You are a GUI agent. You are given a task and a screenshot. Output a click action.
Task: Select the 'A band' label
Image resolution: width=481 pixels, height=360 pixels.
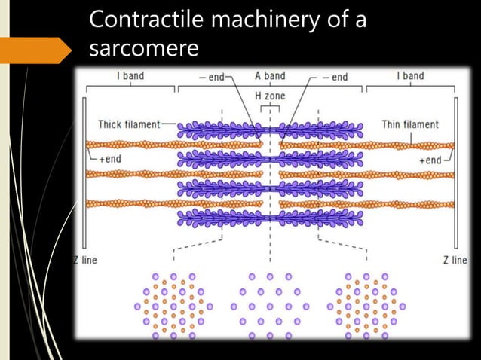click(x=270, y=76)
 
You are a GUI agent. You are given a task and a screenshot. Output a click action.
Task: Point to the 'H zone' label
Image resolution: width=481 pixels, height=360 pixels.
click(x=270, y=96)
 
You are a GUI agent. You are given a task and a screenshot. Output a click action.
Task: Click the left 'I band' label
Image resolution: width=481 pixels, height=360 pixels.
click(x=130, y=76)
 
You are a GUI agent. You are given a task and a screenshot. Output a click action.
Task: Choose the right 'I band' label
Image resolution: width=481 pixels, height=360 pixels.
click(x=410, y=76)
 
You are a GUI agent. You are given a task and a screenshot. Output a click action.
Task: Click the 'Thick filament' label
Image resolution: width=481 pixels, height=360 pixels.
click(x=129, y=124)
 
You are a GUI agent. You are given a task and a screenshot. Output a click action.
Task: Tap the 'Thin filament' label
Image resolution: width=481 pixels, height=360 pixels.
click(x=410, y=124)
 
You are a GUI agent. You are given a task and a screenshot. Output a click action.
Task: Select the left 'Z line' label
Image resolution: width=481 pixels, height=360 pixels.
click(x=84, y=260)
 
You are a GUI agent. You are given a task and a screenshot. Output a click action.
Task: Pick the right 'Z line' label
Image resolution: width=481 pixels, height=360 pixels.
click(x=455, y=260)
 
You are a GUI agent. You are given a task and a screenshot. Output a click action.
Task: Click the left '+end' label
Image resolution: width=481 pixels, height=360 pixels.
click(x=109, y=160)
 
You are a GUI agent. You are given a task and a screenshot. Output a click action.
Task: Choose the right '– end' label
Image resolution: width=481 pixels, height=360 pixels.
click(x=333, y=77)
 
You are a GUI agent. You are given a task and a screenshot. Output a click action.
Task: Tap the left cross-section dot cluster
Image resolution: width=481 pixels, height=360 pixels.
click(x=173, y=306)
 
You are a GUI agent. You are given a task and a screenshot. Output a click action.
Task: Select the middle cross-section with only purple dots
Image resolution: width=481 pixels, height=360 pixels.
click(x=269, y=306)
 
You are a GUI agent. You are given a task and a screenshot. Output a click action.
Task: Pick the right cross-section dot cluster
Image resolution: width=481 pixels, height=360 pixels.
click(x=366, y=306)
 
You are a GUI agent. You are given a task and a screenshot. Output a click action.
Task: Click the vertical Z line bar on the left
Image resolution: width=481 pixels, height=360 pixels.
click(x=84, y=173)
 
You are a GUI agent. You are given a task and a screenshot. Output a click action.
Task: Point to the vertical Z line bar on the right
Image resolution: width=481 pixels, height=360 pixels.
click(x=455, y=173)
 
